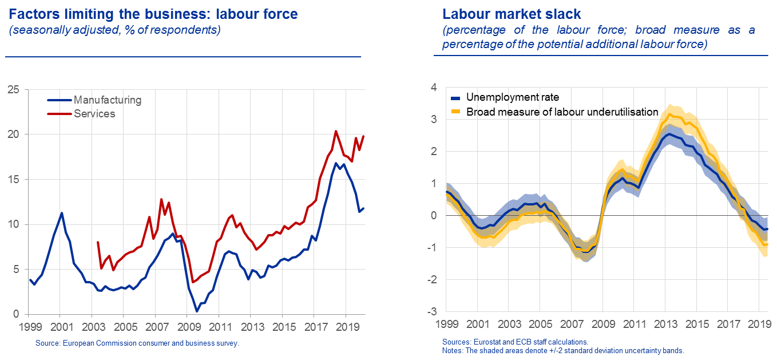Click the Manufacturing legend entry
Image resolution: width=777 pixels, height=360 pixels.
107,100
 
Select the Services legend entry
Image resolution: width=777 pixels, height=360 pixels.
94,114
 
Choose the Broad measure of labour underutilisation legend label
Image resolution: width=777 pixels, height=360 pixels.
562,112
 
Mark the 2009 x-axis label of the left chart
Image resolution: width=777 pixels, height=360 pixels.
188,329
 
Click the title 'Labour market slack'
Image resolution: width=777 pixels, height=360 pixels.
512,13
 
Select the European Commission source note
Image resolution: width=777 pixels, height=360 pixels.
137,343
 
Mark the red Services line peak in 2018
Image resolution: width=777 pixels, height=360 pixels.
335,131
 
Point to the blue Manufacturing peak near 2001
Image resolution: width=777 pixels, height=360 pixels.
62,213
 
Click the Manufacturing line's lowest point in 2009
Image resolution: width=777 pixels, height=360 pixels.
196,311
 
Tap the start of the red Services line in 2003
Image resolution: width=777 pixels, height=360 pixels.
97,242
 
